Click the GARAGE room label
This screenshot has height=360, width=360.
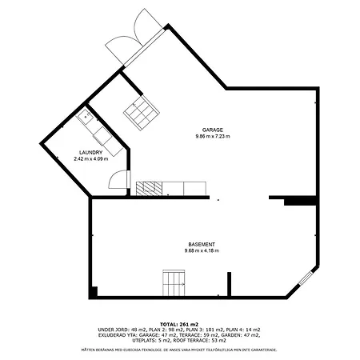point(212,130)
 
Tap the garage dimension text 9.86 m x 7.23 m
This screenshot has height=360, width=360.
point(212,137)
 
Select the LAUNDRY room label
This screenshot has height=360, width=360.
point(90,151)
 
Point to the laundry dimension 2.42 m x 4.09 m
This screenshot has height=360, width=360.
point(90,158)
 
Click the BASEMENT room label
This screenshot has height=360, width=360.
point(201,244)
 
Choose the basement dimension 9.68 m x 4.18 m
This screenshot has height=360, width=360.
point(201,251)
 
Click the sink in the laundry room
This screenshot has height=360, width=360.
point(85,118)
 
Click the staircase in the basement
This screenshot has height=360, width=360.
point(174,282)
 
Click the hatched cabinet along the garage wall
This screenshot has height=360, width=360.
point(149,189)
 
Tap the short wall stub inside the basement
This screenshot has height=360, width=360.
point(230,283)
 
